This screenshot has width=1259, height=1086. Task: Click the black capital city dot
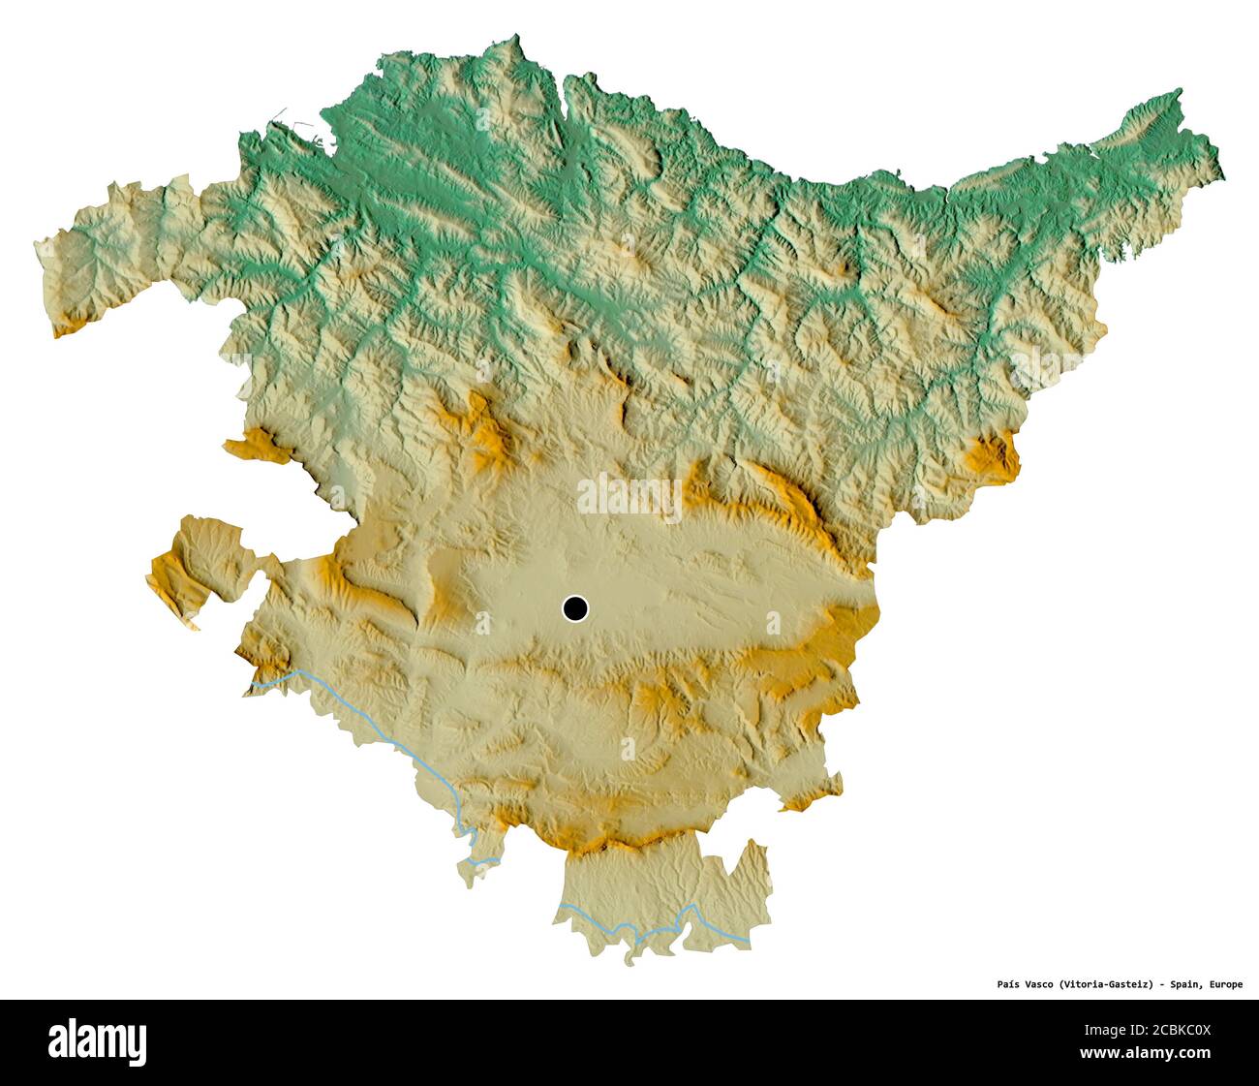[575, 608]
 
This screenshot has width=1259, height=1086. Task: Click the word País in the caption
[1010, 984]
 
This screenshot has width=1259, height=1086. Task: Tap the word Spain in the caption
[1183, 984]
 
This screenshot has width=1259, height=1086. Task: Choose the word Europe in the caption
[1224, 984]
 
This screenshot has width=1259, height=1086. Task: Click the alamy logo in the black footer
[98, 1041]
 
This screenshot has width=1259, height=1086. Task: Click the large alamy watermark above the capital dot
[629, 497]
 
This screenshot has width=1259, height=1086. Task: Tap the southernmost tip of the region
[629, 963]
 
